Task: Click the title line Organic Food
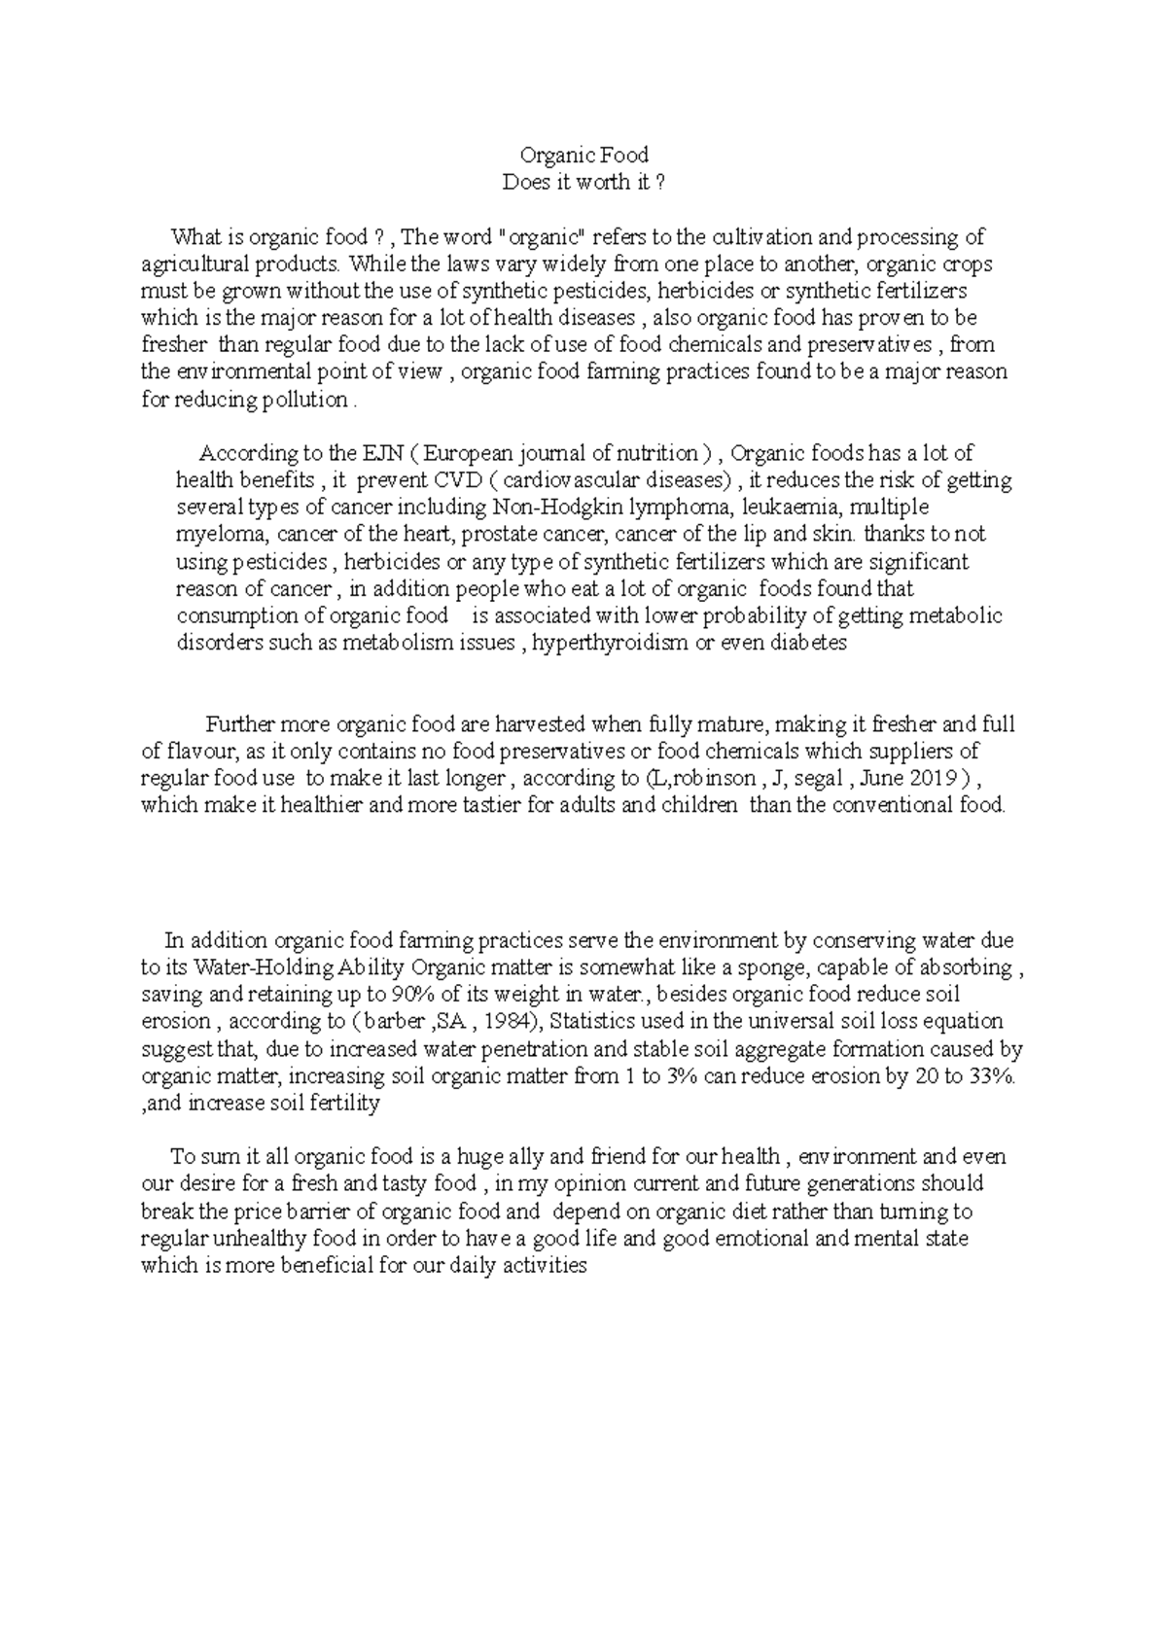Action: click(583, 155)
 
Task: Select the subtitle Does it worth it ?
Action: click(583, 182)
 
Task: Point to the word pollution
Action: click(307, 400)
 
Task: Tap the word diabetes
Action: click(808, 644)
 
